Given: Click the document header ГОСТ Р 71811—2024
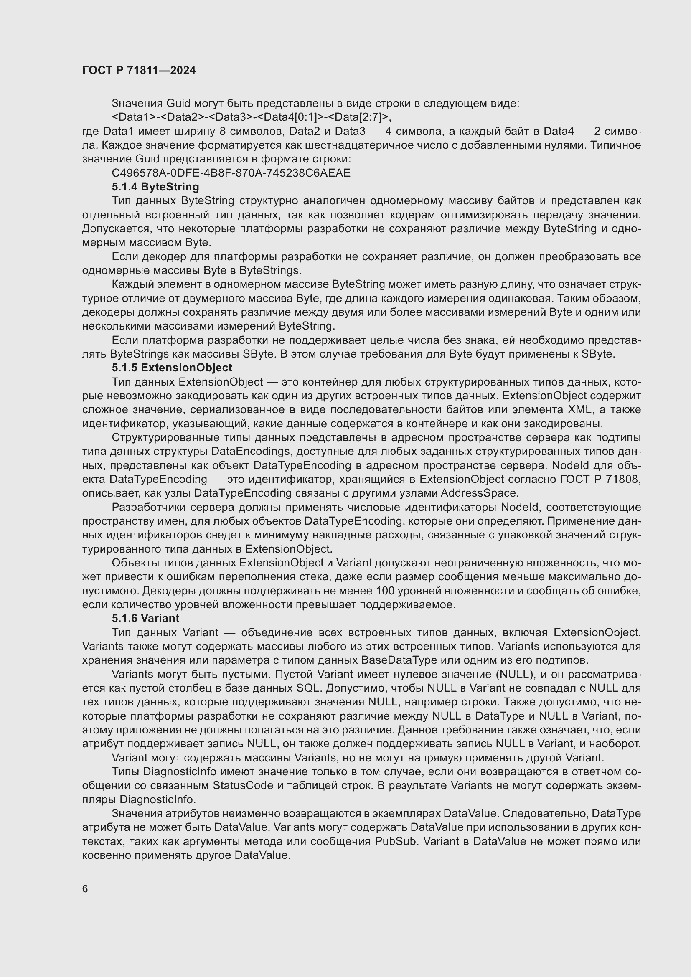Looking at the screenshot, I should (139, 71).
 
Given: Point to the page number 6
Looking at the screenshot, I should (85, 889).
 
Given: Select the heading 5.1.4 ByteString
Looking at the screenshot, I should (155, 187).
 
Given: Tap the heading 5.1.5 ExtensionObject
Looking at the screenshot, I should (172, 368).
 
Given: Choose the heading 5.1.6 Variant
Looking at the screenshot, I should (145, 618).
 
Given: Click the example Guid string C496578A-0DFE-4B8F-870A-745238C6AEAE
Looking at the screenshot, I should (231, 173).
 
